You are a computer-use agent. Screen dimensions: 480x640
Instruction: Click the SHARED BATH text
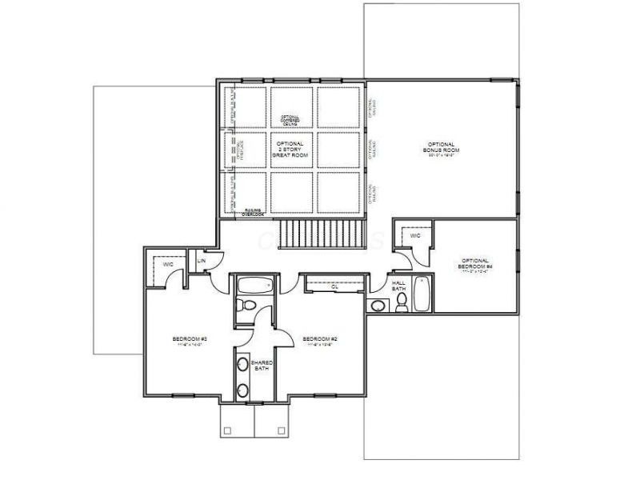point(262,366)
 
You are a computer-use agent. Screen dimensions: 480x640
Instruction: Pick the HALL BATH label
point(398,286)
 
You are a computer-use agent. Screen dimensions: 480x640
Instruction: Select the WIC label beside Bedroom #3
point(168,263)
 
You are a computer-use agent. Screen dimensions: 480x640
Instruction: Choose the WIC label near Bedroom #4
point(414,237)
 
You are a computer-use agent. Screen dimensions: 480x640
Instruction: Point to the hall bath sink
point(377,304)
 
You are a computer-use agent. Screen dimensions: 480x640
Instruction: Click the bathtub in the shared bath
point(255,286)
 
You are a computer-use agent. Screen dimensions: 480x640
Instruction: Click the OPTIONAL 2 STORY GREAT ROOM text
point(289,150)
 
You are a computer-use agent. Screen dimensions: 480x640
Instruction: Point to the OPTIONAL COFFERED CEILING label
point(290,119)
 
